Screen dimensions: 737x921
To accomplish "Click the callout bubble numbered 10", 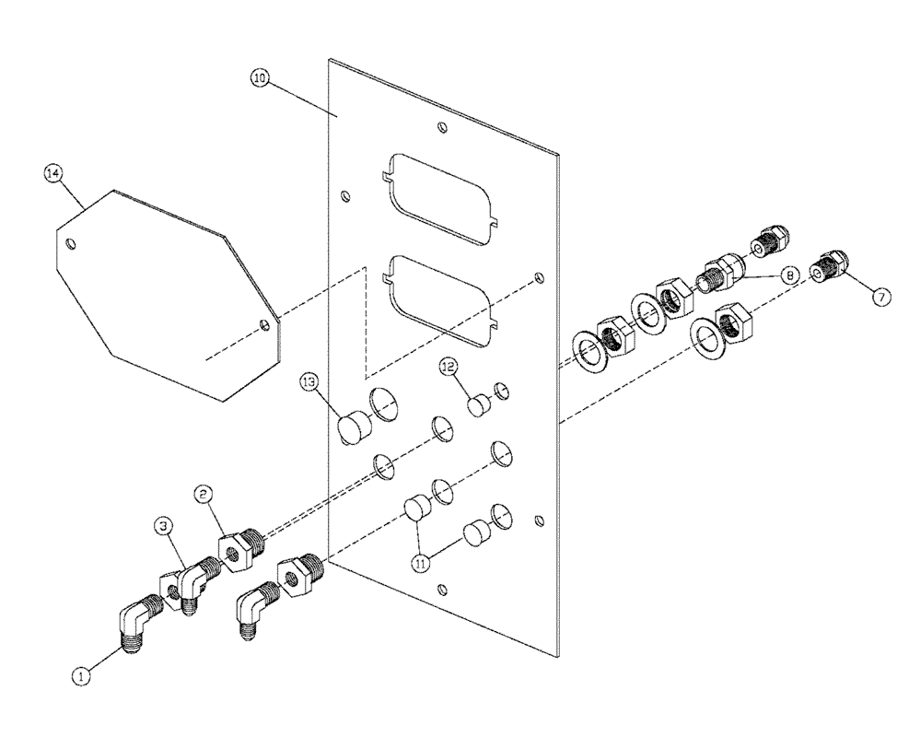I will (x=260, y=79).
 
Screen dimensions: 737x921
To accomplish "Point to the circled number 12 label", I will (x=448, y=367).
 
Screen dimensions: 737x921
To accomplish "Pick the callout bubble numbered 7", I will (x=880, y=297).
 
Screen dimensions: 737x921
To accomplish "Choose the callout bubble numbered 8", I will (x=789, y=274).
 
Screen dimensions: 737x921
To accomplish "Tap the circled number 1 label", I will (x=82, y=675).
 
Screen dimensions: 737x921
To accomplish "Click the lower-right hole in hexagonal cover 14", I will (x=265, y=324).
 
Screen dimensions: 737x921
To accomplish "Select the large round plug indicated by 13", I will (x=352, y=428).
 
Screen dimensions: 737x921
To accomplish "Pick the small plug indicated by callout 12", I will (x=476, y=405).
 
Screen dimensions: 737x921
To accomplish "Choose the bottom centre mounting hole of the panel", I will (x=443, y=590).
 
